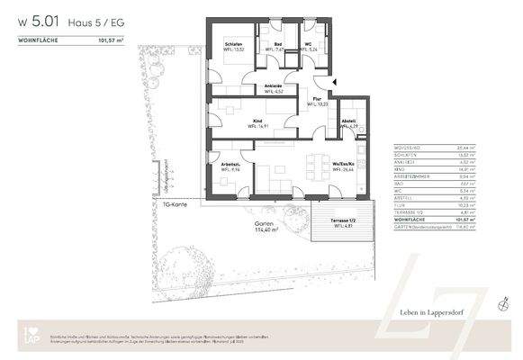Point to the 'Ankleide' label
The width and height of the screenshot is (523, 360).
[274, 87]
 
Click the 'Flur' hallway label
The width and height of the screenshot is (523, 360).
[316, 99]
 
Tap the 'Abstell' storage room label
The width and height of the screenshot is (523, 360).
[350, 122]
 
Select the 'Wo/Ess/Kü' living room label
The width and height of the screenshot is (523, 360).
[342, 165]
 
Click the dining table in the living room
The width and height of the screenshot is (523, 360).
[315, 166]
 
